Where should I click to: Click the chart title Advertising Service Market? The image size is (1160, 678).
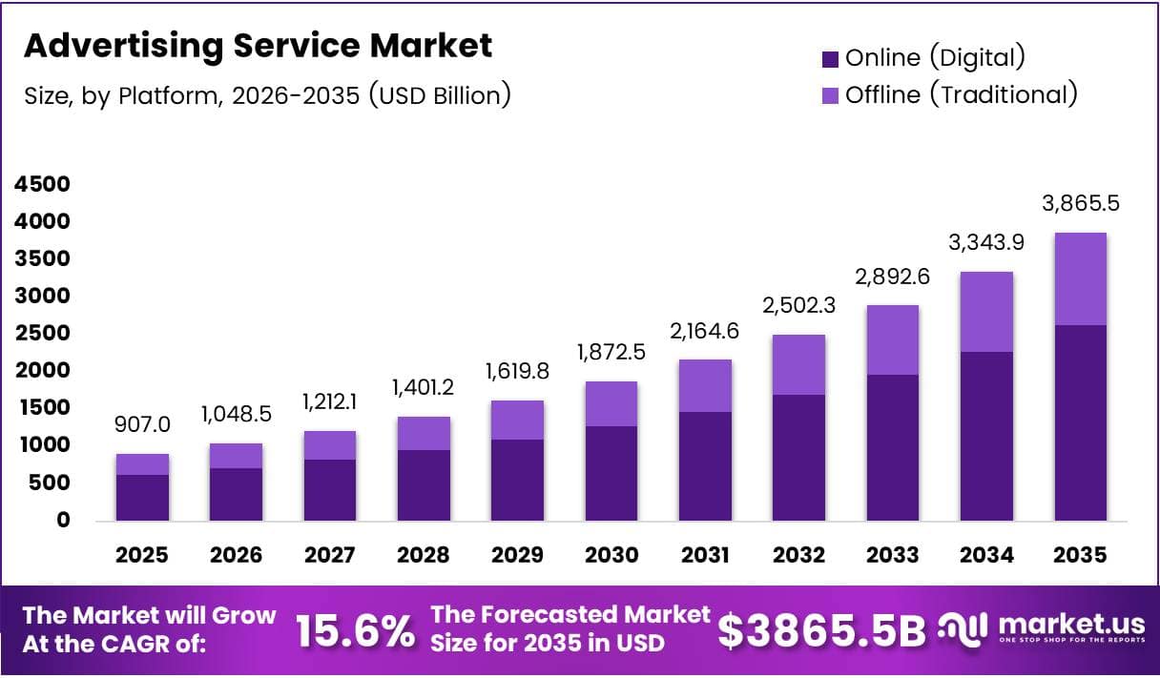pos(258,45)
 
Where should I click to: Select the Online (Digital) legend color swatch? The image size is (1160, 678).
pos(830,59)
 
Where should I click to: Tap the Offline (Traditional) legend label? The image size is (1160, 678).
pos(961,94)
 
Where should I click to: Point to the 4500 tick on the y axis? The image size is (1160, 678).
pos(43,184)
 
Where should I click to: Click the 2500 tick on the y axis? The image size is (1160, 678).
pos(43,333)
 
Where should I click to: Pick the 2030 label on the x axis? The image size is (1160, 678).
pos(611,555)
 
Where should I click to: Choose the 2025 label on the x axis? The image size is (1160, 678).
pos(142,555)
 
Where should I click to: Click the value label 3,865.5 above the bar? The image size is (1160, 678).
pos(1080,203)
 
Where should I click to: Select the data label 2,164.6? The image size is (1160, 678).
pos(704,333)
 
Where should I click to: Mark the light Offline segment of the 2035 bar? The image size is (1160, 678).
pos(1080,278)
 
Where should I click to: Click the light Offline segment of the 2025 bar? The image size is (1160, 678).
pos(142,464)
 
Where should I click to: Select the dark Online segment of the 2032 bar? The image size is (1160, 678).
pos(798,457)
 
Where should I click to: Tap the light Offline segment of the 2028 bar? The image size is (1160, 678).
pos(424,433)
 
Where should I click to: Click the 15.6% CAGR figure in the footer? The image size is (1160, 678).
pos(355,630)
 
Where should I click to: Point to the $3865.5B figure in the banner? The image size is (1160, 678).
pos(821,630)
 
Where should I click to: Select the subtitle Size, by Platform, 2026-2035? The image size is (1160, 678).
pos(267,95)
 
